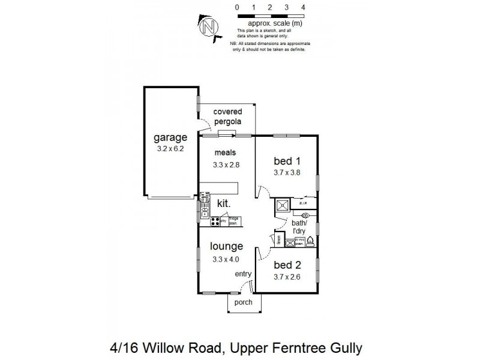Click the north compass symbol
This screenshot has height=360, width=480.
208,26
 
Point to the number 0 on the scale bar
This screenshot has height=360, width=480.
238,7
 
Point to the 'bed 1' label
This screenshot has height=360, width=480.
286,160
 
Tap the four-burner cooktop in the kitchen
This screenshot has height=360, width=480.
214,221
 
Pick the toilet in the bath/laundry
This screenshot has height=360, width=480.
310,242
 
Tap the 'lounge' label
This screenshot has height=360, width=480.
226,246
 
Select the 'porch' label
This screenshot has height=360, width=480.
243,302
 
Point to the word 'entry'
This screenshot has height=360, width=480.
243,274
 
